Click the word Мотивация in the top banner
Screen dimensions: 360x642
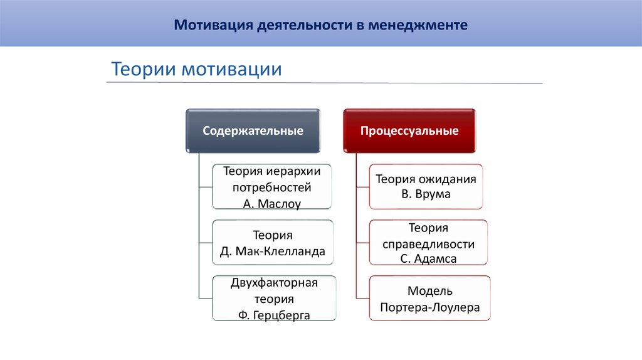(211, 26)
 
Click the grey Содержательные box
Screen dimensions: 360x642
(253, 131)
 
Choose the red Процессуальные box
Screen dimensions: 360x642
(409, 131)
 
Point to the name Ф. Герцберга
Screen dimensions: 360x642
(274, 315)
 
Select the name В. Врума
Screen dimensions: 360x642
(426, 194)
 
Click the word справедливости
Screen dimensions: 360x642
(428, 243)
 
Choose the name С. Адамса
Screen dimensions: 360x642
(428, 258)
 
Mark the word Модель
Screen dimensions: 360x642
(429, 291)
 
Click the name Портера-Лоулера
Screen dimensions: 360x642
(429, 307)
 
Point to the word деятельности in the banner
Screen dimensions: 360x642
(304, 26)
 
